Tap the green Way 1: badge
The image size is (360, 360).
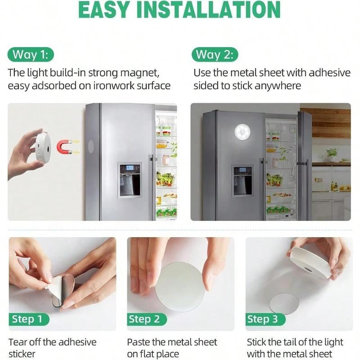[31, 55]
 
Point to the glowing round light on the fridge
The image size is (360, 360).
[243, 133]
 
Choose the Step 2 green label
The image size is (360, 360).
[144, 319]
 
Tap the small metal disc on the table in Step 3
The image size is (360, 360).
[284, 303]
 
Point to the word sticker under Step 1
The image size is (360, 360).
[22, 354]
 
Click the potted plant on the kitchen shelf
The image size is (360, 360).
[332, 154]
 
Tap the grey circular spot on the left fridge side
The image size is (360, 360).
[91, 145]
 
